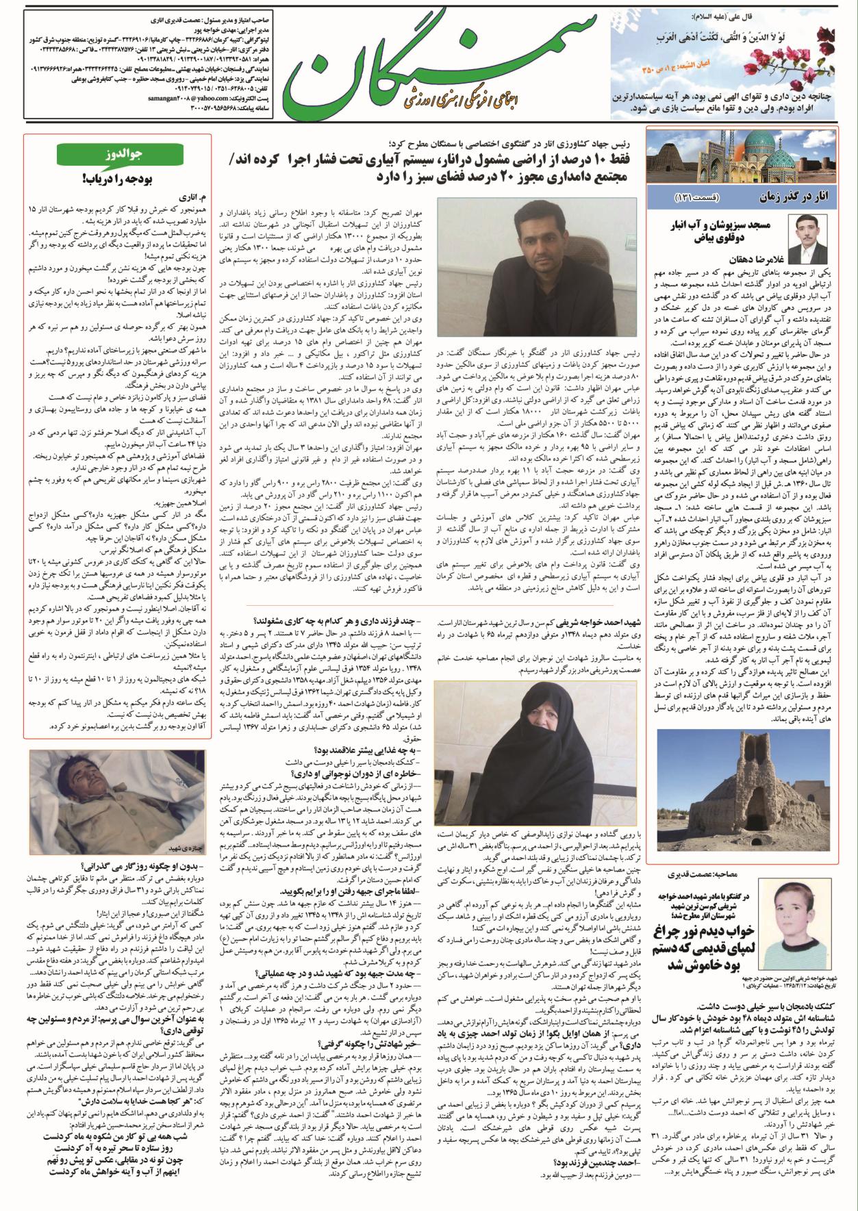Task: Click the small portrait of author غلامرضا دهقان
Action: pyautogui.click(x=818, y=234)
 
